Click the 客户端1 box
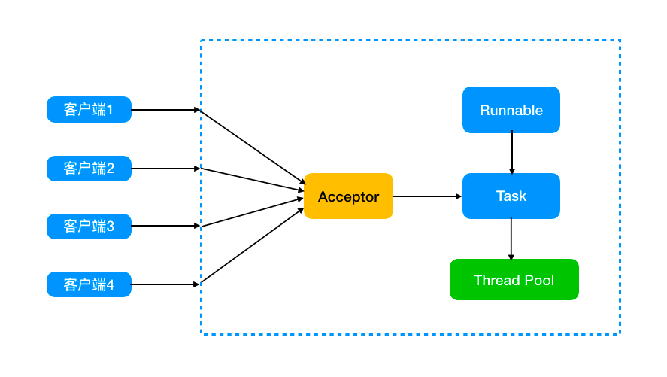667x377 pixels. [89, 109]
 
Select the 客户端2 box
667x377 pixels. [89, 169]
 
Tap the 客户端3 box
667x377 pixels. [89, 227]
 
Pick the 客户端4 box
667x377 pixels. [89, 284]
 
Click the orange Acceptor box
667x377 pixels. [348, 196]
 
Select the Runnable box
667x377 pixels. [511, 110]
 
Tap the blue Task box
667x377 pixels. [511, 196]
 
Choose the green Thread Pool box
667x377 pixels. [514, 280]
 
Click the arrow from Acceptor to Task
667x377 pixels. [428, 196]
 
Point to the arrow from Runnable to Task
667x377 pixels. [512, 153]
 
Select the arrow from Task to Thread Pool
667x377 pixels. [511, 239]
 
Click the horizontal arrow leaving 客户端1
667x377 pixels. [165, 110]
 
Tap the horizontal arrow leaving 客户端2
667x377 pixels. [165, 169]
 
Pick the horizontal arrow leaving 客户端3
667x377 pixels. [165, 226]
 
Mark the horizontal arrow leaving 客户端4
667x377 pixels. [165, 284]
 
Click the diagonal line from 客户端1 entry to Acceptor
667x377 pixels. [253, 147]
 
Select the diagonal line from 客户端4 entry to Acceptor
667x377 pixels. [252, 245]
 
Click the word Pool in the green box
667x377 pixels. [540, 281]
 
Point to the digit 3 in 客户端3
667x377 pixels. [111, 227]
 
